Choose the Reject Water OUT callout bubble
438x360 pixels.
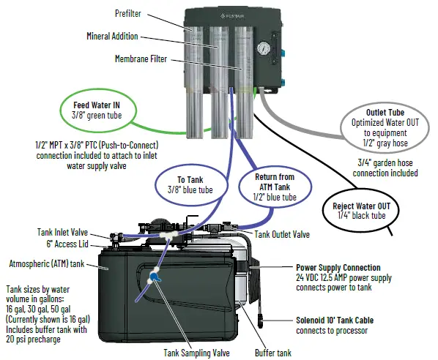coord(363,211)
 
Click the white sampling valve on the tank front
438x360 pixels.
coord(155,277)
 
